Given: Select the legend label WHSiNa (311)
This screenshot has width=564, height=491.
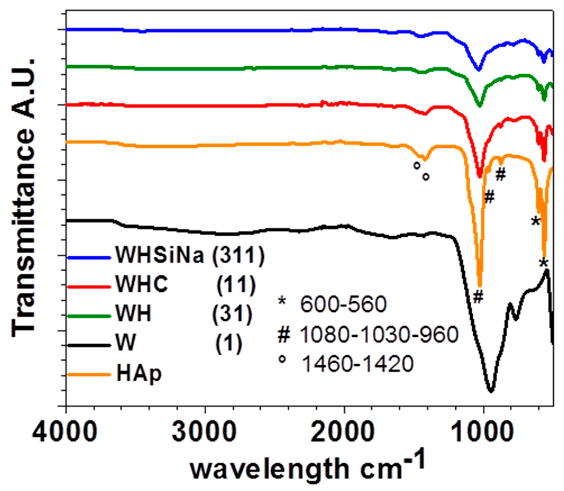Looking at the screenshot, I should pyautogui.click(x=190, y=256).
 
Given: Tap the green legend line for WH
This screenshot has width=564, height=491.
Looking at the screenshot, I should pyautogui.click(x=89, y=316).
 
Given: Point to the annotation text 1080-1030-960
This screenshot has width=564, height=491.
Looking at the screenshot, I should pyautogui.click(x=378, y=335).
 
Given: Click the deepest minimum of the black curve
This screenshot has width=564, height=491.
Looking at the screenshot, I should pyautogui.click(x=491, y=391).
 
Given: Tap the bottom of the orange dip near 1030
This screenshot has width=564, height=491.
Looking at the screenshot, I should pyautogui.click(x=480, y=285).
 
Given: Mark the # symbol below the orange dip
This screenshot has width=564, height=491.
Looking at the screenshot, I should pyautogui.click(x=478, y=297).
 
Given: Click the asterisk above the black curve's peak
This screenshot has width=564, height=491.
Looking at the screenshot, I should pyautogui.click(x=544, y=263).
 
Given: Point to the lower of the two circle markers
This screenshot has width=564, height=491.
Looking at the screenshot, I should pyautogui.click(x=426, y=177).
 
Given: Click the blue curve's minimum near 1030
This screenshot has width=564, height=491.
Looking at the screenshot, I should pyautogui.click(x=478, y=70).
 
